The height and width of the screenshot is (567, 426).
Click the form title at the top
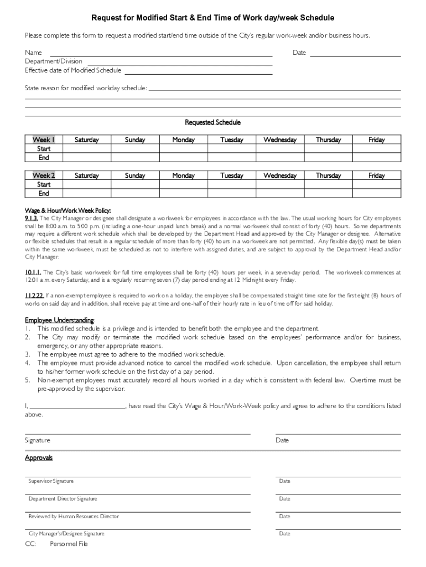(x=212, y=18)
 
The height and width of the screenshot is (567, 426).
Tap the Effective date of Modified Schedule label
(x=73, y=70)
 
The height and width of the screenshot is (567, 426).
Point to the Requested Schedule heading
(x=212, y=122)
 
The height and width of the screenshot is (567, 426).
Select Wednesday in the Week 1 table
(x=280, y=140)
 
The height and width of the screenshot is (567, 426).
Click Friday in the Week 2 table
(x=376, y=176)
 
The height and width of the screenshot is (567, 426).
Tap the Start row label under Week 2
(x=44, y=184)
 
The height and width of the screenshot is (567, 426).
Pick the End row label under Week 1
(x=44, y=158)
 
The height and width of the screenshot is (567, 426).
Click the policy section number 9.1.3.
(x=31, y=218)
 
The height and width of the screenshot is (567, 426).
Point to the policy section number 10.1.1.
(x=33, y=272)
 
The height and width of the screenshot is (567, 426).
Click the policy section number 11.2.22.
(x=34, y=296)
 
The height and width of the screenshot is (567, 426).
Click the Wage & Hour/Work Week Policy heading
(x=68, y=210)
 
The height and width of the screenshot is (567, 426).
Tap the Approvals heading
(x=39, y=458)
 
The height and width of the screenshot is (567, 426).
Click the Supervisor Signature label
(x=51, y=481)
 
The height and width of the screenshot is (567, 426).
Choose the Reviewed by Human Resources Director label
(x=74, y=517)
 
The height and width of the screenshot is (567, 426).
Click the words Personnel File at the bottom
(x=69, y=544)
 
